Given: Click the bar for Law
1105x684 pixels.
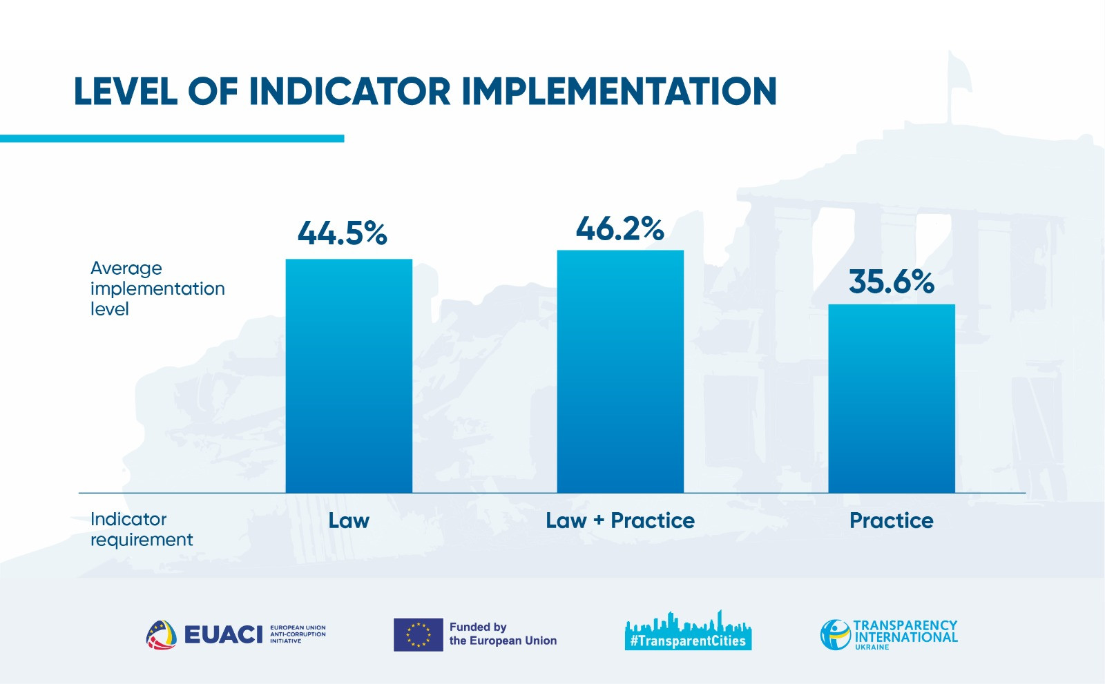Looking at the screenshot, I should coord(349,376).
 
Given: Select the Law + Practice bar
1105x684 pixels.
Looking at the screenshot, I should coord(620,371).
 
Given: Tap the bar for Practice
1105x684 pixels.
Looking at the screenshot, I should coord(892,398).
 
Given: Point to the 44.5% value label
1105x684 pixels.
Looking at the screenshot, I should coord(343,233).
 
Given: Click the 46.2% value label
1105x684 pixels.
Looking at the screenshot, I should coord(620,228).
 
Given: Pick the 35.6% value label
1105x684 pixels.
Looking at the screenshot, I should coord(892,282).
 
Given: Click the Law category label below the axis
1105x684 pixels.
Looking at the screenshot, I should coord(349,520).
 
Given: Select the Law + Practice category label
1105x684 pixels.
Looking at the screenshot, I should coord(620,520).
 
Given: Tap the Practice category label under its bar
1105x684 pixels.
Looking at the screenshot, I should coord(892,520).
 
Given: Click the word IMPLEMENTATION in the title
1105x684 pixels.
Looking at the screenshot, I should coord(619,92).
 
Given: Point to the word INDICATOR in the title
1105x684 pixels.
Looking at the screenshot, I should coord(349,92).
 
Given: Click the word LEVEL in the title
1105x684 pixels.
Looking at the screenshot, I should coord(125,92).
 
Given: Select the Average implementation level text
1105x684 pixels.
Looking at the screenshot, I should coord(157,289).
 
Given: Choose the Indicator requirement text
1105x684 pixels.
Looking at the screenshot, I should coord(142,529).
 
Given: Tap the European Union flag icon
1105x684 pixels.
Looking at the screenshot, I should coord(418,634).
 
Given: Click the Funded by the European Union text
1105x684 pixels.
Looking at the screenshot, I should coord(503,634).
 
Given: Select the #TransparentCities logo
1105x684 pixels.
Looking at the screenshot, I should coord(688,631).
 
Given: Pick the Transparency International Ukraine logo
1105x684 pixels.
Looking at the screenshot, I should coord(889,634).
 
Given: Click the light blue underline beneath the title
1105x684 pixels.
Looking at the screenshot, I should coord(172,139).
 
